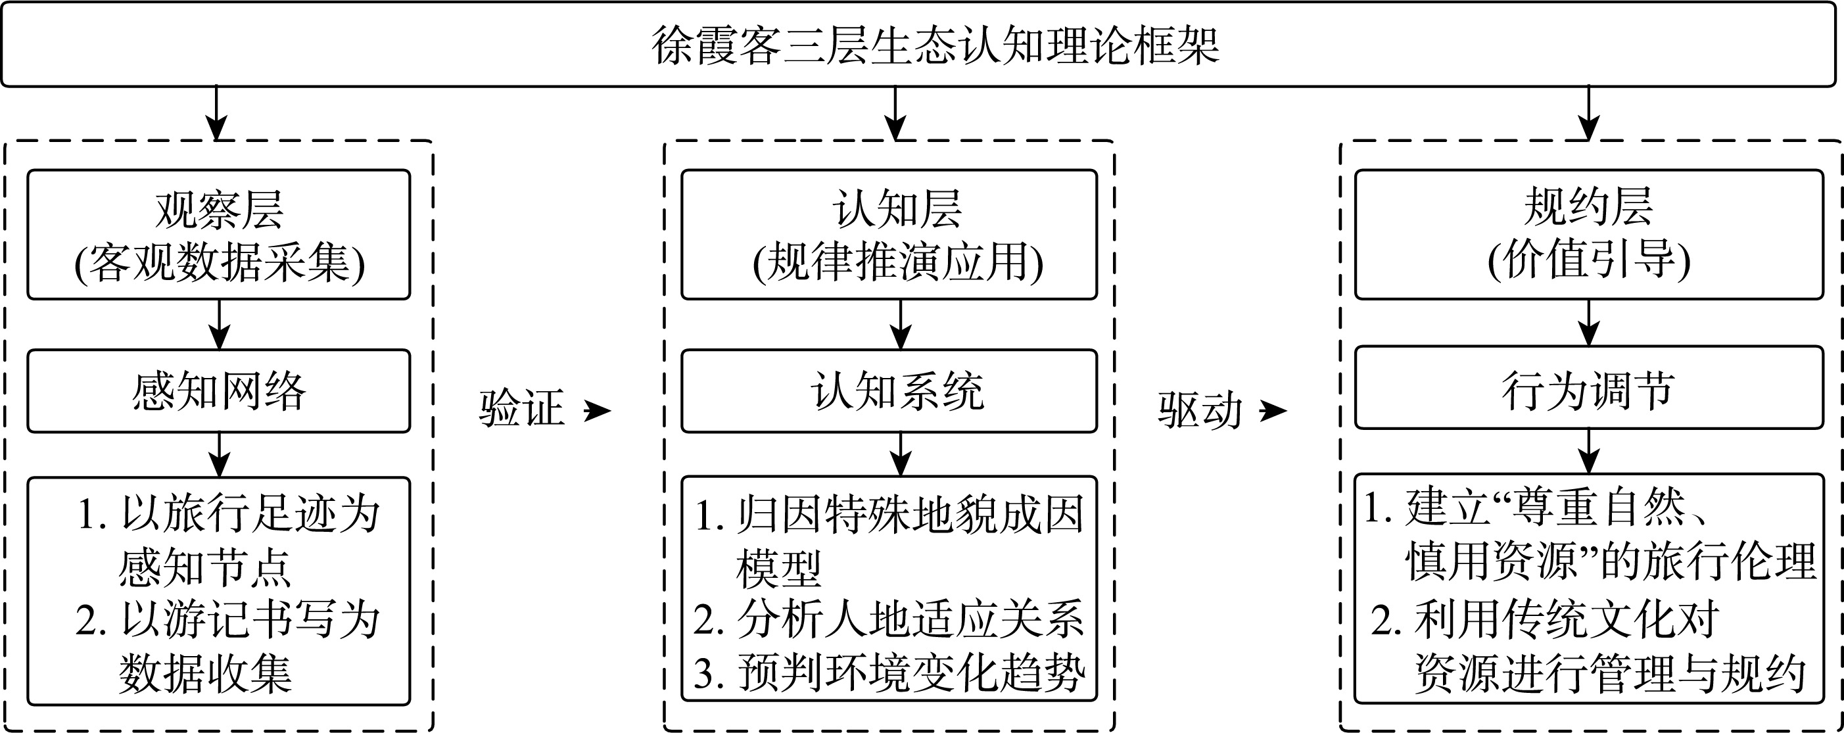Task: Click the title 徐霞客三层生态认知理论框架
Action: [935, 46]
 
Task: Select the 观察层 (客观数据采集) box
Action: [219, 235]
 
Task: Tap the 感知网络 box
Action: [219, 392]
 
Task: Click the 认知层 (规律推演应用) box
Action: [889, 235]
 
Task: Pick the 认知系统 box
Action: [889, 392]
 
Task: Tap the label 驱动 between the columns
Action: [1200, 411]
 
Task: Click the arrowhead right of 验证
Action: [598, 411]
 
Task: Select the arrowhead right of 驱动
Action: [1273, 411]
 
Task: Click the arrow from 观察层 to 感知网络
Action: [219, 325]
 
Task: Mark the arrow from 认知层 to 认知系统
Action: [900, 325]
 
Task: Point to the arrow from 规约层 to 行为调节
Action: [1589, 323]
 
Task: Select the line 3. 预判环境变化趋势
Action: [889, 673]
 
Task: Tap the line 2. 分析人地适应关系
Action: [889, 619]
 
